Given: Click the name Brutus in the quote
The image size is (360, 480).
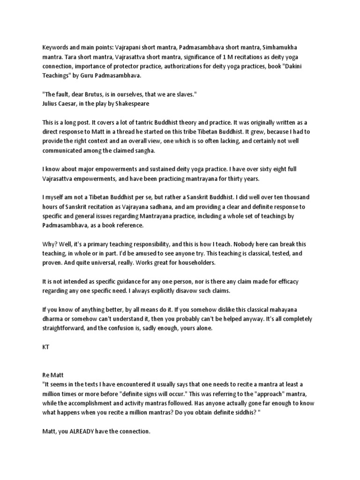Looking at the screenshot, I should [100, 95].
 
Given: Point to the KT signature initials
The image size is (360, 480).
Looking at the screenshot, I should [45, 347].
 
